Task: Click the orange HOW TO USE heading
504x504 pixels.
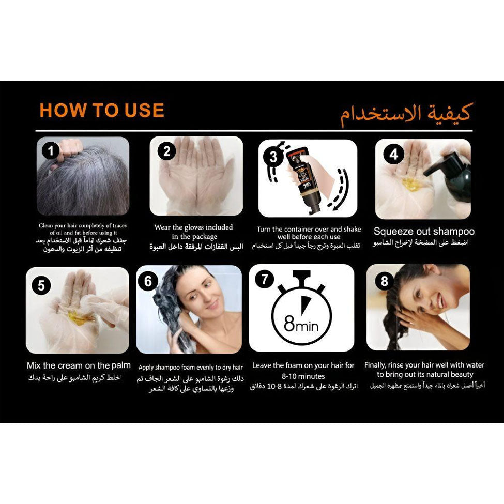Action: pyautogui.click(x=102, y=110)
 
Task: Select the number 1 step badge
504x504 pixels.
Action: pyautogui.click(x=51, y=150)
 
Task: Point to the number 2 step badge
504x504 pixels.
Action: pyautogui.click(x=166, y=151)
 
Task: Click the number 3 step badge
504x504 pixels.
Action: pyautogui.click(x=273, y=157)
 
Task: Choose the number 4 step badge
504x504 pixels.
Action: pyautogui.click(x=393, y=154)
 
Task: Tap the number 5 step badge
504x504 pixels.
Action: pyautogui.click(x=41, y=285)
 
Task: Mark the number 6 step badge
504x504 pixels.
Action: pyautogui.click(x=148, y=282)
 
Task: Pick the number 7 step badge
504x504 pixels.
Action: pyautogui.click(x=264, y=279)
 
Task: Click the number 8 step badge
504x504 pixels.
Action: pyautogui.click(x=385, y=281)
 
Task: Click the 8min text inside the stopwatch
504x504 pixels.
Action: pyautogui.click(x=301, y=324)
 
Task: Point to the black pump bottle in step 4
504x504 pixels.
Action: pyautogui.click(x=450, y=178)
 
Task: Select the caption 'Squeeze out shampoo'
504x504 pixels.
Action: pyautogui.click(x=424, y=232)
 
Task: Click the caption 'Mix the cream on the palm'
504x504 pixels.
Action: pyautogui.click(x=79, y=365)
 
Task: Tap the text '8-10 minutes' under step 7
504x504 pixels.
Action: pyautogui.click(x=303, y=376)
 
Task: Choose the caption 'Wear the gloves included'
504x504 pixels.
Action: pyautogui.click(x=193, y=227)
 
